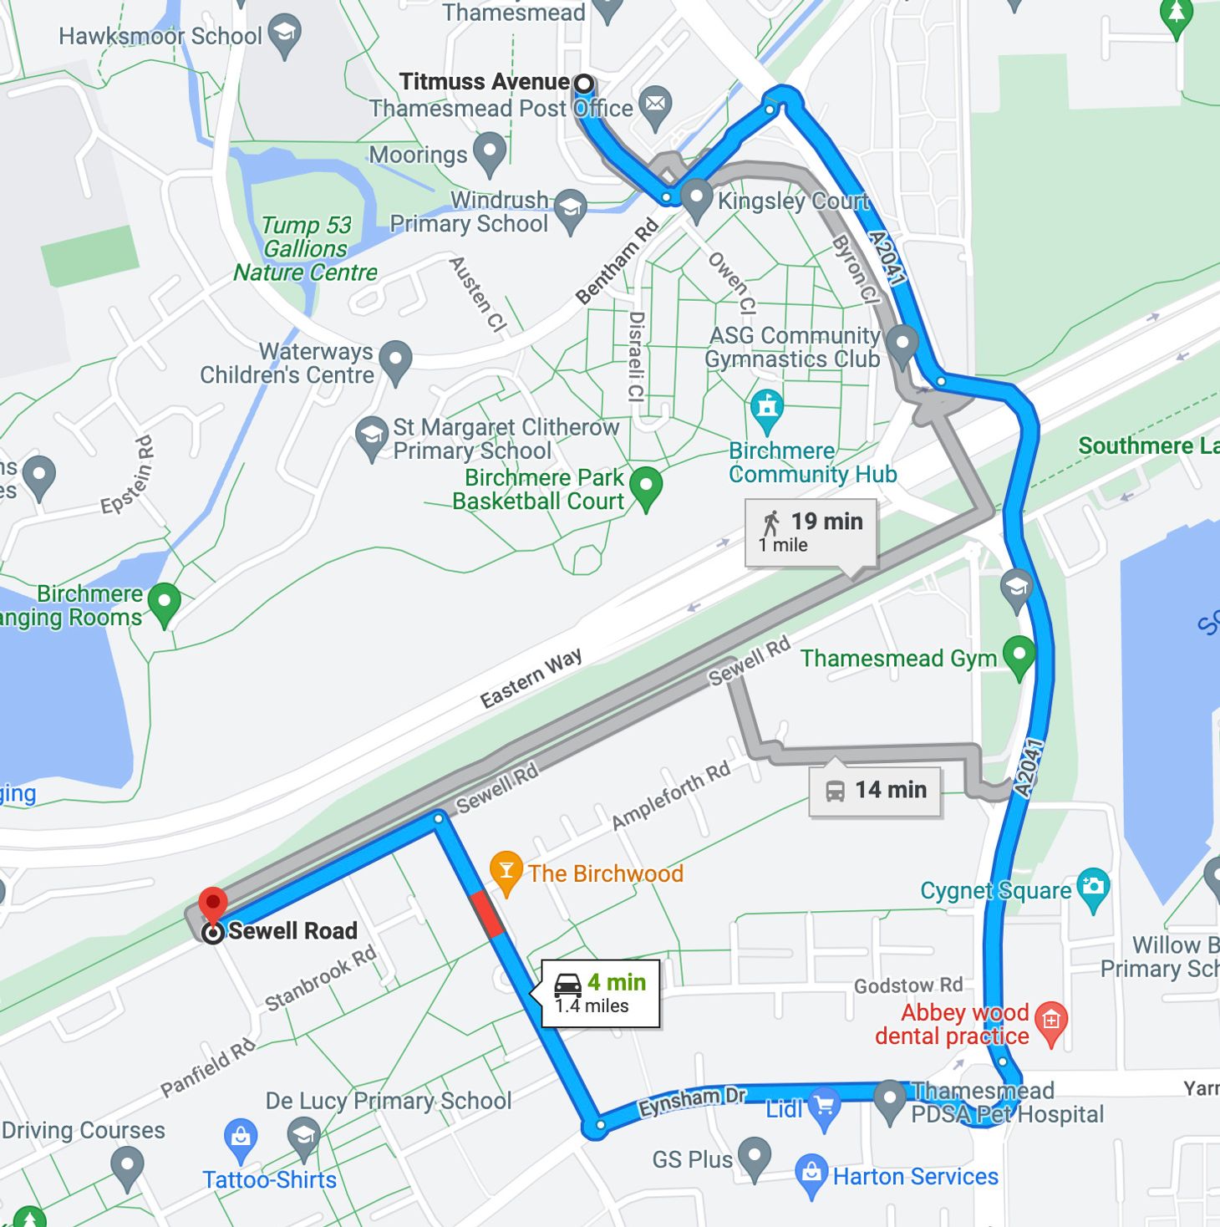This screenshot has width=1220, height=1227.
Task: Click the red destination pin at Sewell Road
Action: coord(213,905)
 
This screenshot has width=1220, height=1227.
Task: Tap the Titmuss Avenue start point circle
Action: coord(584,84)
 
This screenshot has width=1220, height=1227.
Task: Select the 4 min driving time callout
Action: coord(601,993)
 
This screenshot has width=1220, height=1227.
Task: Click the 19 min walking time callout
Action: coord(811,532)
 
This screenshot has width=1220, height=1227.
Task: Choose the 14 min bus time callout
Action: coord(875,790)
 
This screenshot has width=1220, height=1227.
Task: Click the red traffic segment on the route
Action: coord(487,914)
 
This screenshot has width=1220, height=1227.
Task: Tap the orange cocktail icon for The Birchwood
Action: coord(506,871)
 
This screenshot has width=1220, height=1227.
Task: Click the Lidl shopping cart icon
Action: coord(825,1108)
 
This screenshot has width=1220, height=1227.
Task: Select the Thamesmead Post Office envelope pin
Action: coord(655,104)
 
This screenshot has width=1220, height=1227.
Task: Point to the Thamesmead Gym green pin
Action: coord(1019,655)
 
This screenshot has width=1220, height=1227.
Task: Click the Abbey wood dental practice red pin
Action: coord(1051,1021)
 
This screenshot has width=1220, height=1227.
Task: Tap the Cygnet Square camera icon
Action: coord(1093,888)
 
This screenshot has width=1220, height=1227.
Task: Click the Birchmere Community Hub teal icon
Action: coord(766,408)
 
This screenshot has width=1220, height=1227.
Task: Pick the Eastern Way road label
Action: coord(531,678)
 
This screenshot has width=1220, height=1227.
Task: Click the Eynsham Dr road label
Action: coord(692,1101)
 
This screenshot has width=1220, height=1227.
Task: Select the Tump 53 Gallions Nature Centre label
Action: coord(306,249)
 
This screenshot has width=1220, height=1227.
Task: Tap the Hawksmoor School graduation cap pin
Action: coord(285,34)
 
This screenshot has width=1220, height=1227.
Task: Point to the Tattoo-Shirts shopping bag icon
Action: coord(241,1138)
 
